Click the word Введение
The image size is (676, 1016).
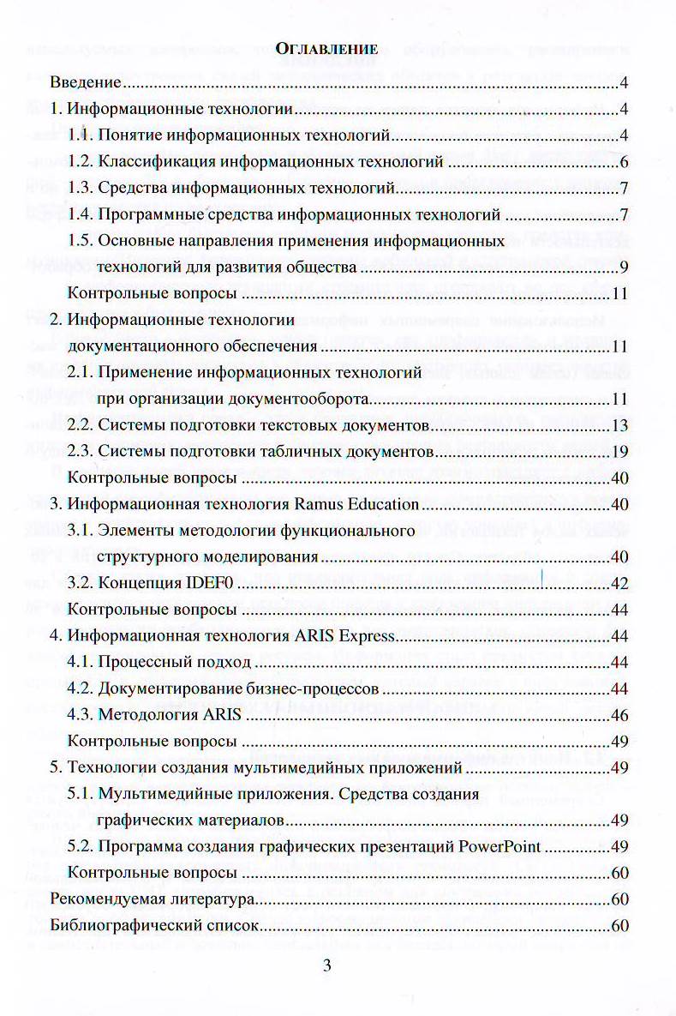[85, 83]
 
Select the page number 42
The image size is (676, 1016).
[622, 584]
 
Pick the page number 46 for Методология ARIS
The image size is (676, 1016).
[622, 715]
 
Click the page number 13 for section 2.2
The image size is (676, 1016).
[622, 425]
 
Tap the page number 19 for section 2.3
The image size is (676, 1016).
[622, 451]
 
